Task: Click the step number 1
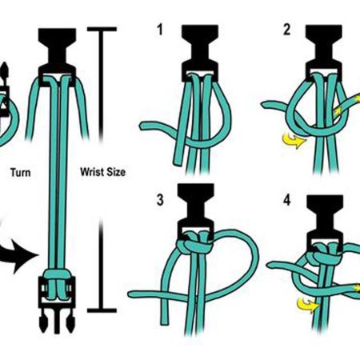point(160,30)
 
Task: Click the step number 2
point(287,30)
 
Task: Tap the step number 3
point(160,200)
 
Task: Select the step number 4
point(287,200)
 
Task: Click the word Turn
point(21,173)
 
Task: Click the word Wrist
point(93,172)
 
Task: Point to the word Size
point(116,172)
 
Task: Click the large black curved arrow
point(18,255)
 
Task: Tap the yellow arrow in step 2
point(294,141)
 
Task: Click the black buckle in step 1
point(200,52)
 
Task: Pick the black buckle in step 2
point(324,52)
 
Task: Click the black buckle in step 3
point(196,210)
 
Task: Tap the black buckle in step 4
point(325,222)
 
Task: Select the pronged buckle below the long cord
point(57,305)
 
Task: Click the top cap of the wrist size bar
point(102,29)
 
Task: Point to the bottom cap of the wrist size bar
point(102,310)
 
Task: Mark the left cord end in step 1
point(143,126)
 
